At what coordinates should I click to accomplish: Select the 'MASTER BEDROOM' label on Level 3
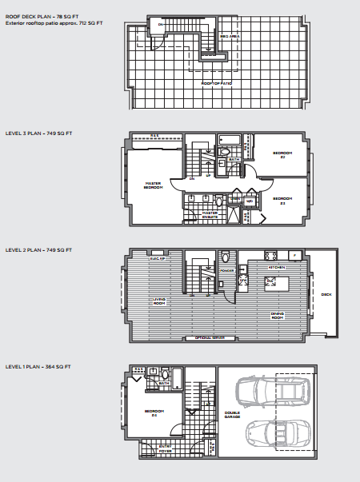(154, 185)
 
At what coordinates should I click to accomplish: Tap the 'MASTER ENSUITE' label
(210, 213)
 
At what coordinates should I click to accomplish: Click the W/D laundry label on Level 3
(250, 201)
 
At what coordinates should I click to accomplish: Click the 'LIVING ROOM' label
(159, 301)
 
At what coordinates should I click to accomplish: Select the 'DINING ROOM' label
(278, 317)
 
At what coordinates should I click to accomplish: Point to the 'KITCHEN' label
(277, 267)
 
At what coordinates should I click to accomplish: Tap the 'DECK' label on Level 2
(326, 294)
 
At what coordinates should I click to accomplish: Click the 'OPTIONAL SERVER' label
(210, 338)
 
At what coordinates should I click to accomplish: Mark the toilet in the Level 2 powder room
(226, 257)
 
